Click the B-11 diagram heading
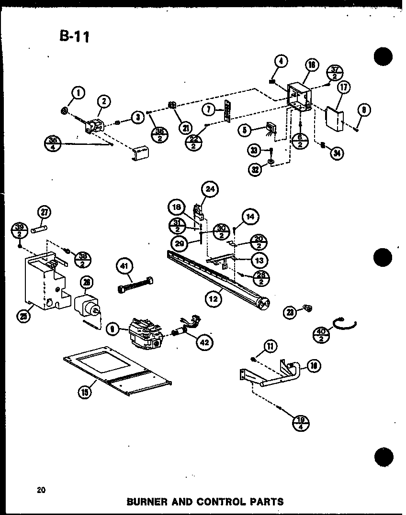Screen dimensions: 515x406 pos(74,36)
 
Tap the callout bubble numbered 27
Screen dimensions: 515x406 pos(45,213)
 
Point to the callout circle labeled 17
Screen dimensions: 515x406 pos(343,88)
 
